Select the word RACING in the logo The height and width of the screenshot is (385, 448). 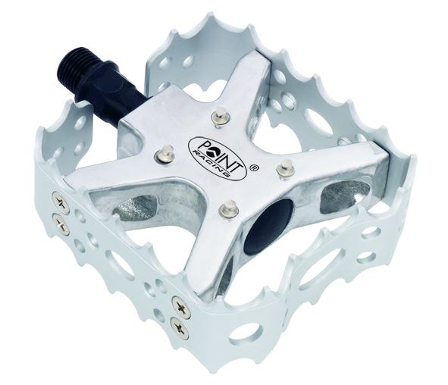(212, 162)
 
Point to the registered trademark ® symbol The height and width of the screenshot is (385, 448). (252, 168)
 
